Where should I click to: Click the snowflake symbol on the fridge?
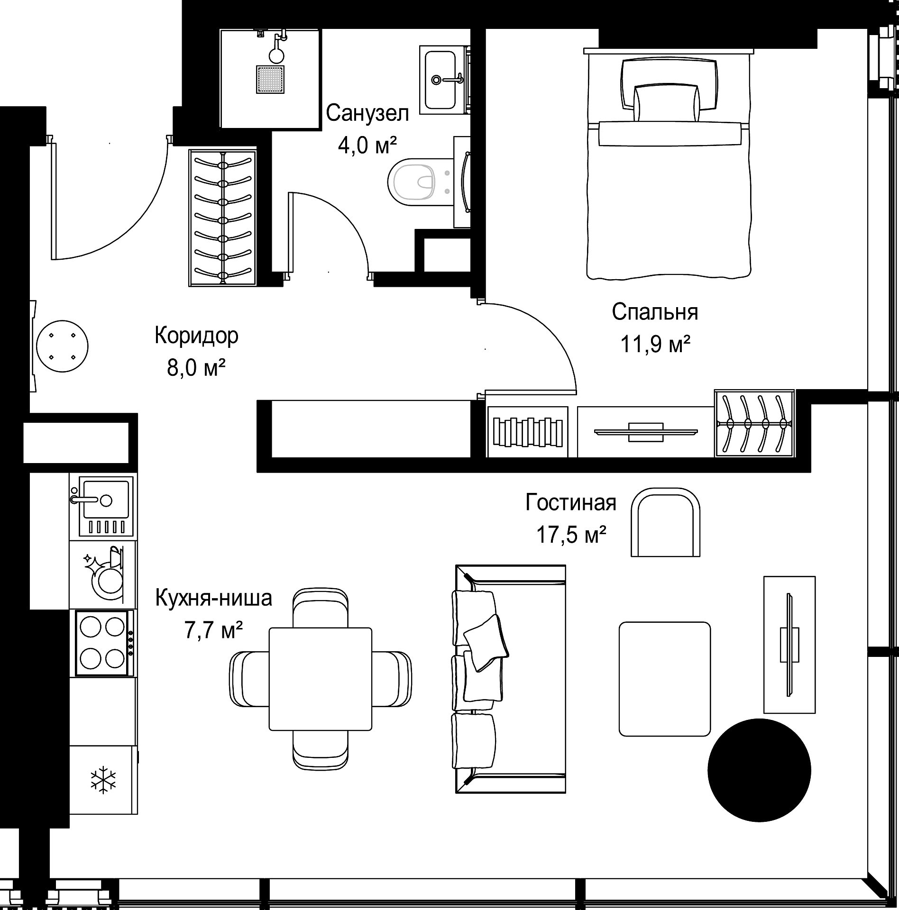(x=103, y=780)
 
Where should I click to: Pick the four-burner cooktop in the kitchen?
(x=102, y=643)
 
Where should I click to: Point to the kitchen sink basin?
(x=106, y=500)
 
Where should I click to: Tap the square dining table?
(x=321, y=679)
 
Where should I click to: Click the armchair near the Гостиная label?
(x=665, y=522)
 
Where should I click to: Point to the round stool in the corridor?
(x=62, y=346)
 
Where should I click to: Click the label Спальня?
(x=655, y=312)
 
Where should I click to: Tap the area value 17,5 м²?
(x=571, y=535)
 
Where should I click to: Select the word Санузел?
(x=367, y=114)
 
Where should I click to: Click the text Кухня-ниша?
(x=214, y=598)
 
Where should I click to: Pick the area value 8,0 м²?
(x=196, y=367)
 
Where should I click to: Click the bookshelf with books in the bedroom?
(x=527, y=432)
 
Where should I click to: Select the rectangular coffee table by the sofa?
(x=665, y=679)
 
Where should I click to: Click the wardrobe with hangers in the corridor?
(x=222, y=218)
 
